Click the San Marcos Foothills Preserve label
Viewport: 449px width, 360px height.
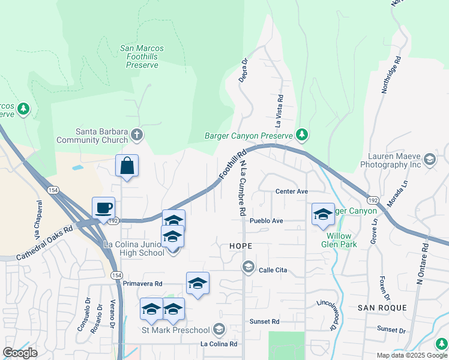[x=142, y=56]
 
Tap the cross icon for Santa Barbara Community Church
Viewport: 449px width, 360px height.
[x=137, y=134]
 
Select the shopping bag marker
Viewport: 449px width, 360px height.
[x=127, y=166]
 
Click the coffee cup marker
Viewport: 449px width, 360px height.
[x=103, y=208]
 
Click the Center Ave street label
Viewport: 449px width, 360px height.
[x=291, y=191]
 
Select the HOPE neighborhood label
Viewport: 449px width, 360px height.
[x=240, y=247]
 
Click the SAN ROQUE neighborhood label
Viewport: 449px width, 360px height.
[x=382, y=308]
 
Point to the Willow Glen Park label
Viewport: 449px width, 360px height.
[x=337, y=240]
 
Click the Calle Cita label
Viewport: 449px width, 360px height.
[x=273, y=271]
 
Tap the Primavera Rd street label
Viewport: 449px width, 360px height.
[x=142, y=283]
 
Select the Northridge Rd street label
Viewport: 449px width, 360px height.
[x=391, y=75]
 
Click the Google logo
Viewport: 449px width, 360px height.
[x=20, y=353]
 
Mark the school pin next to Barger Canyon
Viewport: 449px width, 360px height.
[x=323, y=214]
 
